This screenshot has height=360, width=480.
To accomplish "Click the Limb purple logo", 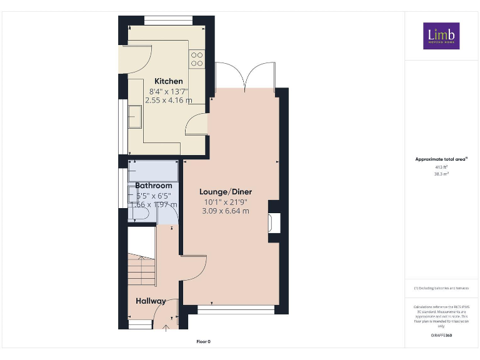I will (x=441, y=36).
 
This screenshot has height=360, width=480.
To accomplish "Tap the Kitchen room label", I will (x=169, y=81).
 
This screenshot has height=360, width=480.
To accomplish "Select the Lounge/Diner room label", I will (x=226, y=191).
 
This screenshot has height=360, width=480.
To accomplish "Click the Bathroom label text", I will (x=154, y=186).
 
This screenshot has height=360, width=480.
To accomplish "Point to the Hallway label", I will (x=151, y=301).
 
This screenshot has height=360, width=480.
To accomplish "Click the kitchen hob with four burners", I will (x=197, y=59).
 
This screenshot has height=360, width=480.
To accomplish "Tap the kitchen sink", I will (x=135, y=116).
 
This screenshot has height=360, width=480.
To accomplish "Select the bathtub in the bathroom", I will (x=153, y=170).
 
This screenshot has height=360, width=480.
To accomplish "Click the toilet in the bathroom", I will (x=139, y=214).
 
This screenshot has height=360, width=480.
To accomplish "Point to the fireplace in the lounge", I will (x=273, y=221).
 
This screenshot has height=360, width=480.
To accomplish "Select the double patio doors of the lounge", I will (x=244, y=76).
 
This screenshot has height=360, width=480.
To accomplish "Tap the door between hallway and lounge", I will (x=194, y=269).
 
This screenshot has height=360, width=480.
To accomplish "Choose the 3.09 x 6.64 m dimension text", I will (x=226, y=211).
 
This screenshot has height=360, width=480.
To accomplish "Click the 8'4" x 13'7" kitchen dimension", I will (x=166, y=91).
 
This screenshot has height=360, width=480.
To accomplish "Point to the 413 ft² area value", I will (x=441, y=167).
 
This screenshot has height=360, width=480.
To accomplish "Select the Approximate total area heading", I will (x=441, y=159).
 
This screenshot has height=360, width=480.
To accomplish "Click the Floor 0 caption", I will (x=204, y=342).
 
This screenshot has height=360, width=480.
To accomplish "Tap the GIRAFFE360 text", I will (x=441, y=336).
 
